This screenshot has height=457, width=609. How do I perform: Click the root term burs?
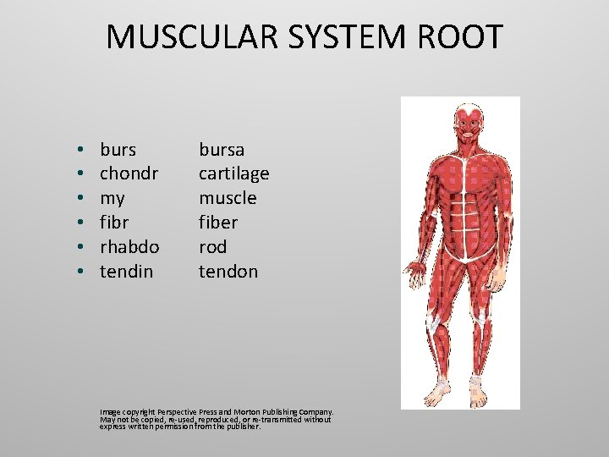118,150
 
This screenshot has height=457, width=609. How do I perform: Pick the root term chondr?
129,173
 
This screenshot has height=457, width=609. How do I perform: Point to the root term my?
112,199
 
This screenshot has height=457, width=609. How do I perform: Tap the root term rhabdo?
129,246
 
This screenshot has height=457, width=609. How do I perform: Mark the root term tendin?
126,271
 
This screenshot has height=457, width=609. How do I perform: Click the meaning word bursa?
222,150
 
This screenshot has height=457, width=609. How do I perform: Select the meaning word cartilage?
233,173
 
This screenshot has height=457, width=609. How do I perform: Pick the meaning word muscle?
228,198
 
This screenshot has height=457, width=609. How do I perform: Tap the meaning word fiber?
218,222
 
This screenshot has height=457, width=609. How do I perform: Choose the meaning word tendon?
228,271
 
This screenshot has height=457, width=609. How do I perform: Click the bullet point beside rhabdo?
78,247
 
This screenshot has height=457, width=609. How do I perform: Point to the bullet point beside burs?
78,151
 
